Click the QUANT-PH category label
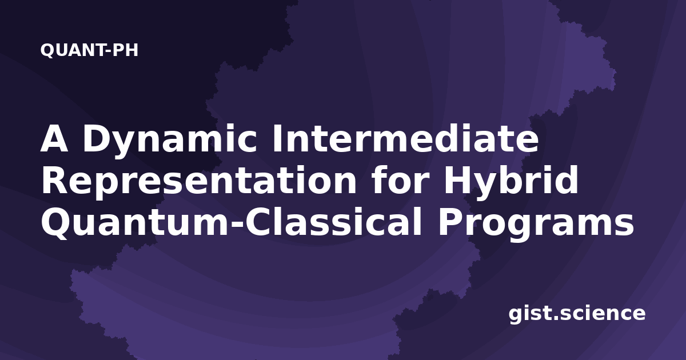[x=89, y=50]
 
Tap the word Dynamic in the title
[x=170, y=141]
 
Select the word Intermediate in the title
[x=405, y=138]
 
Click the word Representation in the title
[x=199, y=183]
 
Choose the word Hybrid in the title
[x=512, y=183]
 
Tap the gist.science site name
[x=577, y=314]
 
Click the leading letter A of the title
[x=54, y=138]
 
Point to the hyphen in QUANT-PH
[x=108, y=51]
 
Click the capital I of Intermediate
[x=277, y=138]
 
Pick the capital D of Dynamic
[x=97, y=138]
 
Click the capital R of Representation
[x=54, y=179]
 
